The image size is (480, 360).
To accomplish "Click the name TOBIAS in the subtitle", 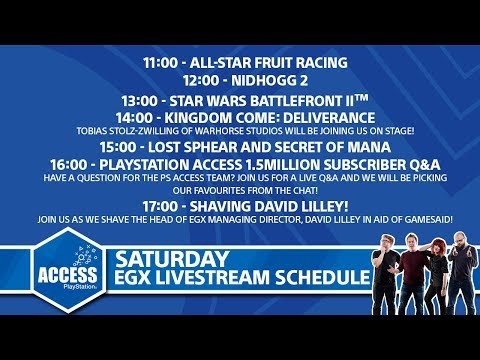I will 92,130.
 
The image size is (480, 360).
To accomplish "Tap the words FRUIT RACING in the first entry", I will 295,62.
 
